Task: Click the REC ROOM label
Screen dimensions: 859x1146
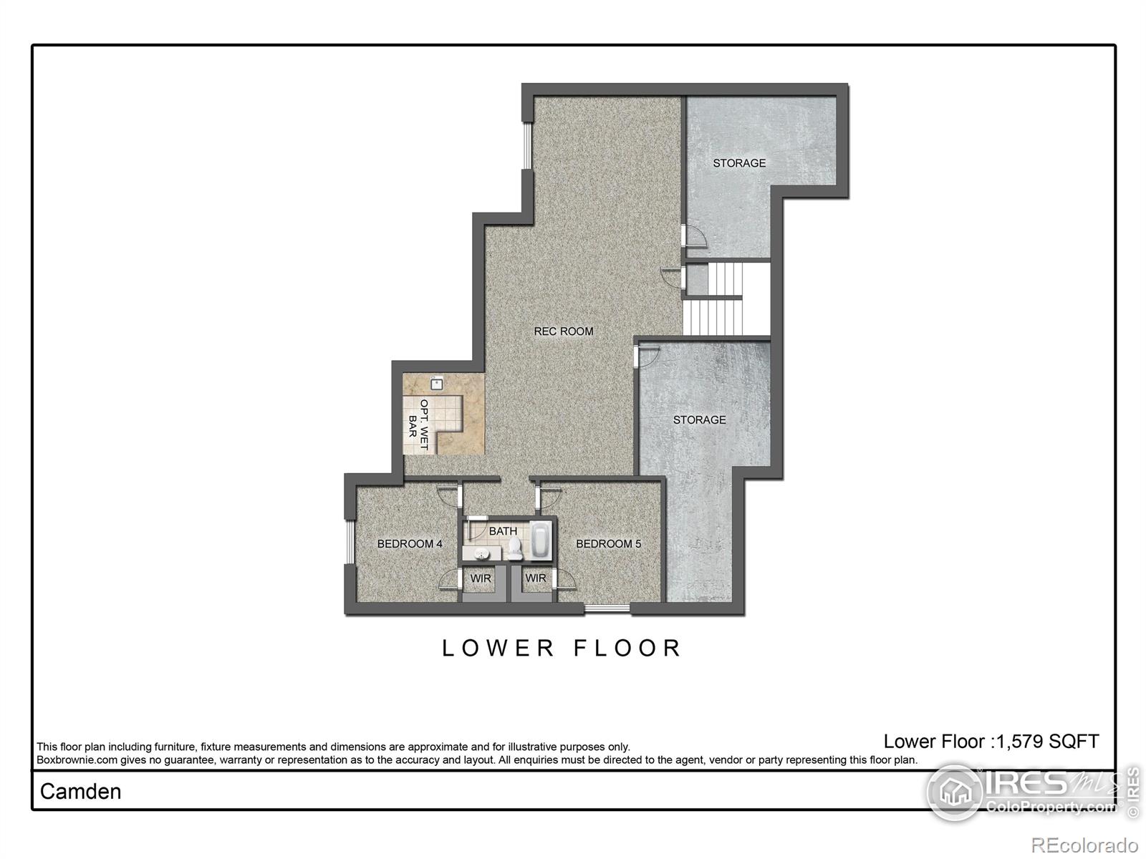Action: click(564, 331)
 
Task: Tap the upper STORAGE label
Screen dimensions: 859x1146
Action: click(739, 163)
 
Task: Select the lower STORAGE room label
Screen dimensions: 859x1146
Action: click(699, 420)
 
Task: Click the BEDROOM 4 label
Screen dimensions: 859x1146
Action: click(410, 544)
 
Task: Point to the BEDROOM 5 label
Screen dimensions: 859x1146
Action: click(608, 544)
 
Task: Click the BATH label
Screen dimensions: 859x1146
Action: click(503, 531)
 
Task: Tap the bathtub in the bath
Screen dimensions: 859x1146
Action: click(541, 541)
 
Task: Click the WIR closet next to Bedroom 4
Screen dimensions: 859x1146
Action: click(481, 578)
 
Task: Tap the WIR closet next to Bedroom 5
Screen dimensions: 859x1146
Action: click(536, 578)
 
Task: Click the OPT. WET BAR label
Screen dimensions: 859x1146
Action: click(419, 424)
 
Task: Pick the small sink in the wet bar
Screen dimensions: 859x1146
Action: click(436, 384)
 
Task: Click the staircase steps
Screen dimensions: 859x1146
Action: click(725, 299)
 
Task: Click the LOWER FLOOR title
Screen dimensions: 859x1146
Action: click(562, 648)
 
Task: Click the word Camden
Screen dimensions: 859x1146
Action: click(80, 791)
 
